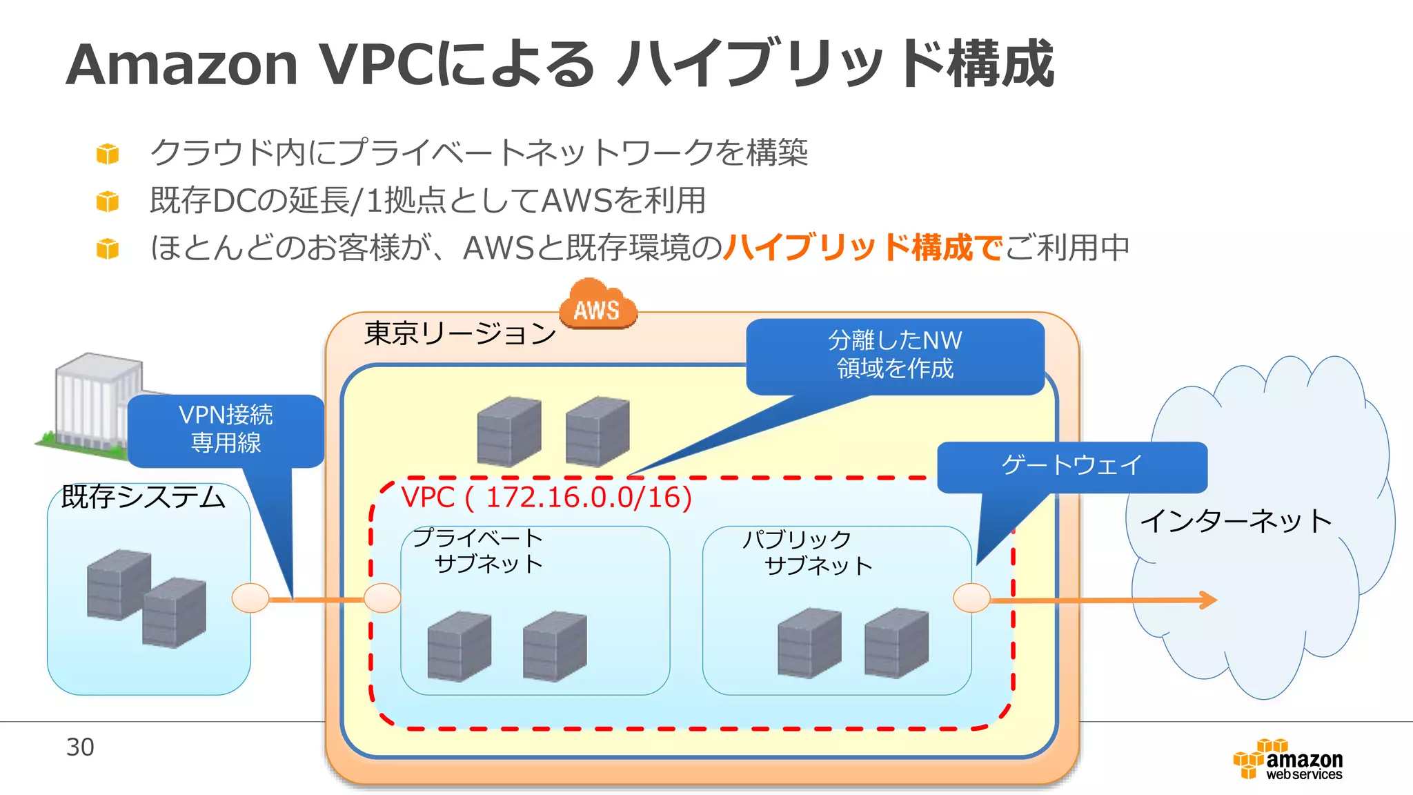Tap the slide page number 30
coord(80,747)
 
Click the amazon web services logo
coord(1288,760)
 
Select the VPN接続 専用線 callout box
coord(226,429)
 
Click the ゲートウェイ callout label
coord(1071,465)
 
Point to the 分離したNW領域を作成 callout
coord(895,355)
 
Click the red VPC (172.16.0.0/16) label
coord(546,497)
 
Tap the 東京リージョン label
coord(460,334)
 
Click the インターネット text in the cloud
coord(1236,521)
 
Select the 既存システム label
coord(144,497)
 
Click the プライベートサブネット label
coord(478,551)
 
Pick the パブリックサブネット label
coord(807,552)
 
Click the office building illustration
coord(93,404)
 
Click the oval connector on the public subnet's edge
coord(971,598)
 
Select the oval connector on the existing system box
coord(250,598)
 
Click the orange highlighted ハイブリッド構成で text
coord(863,247)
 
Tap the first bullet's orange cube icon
coord(108,153)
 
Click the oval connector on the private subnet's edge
coord(382,598)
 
